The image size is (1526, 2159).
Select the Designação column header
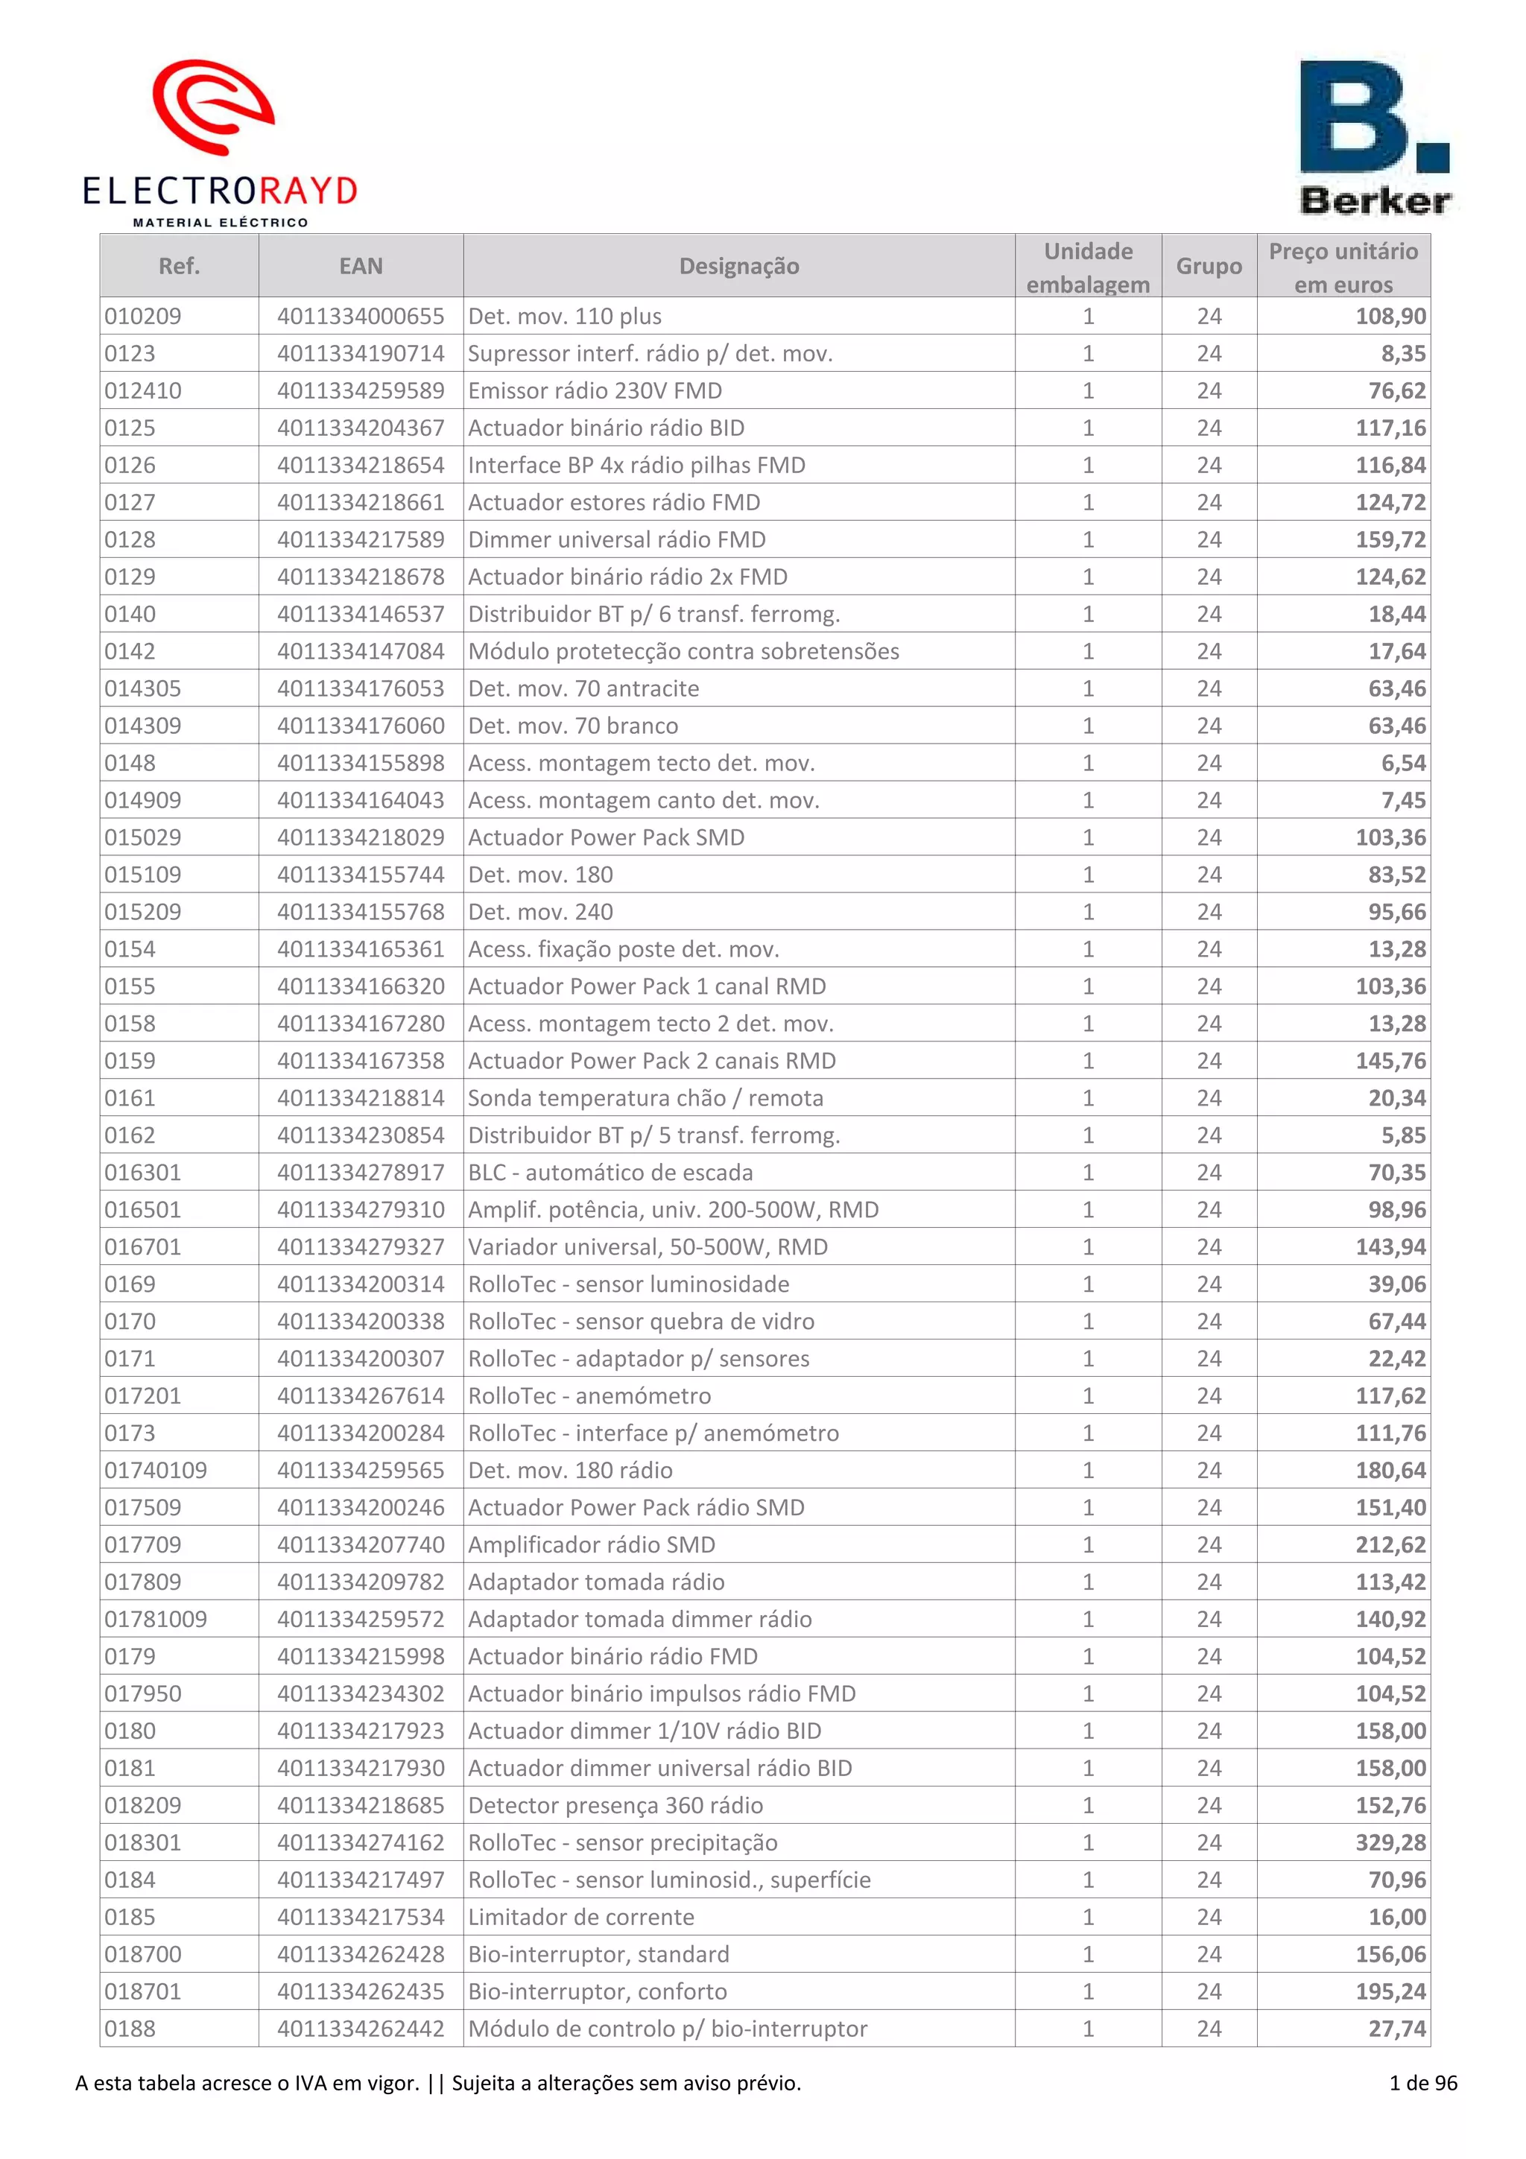pyautogui.click(x=739, y=266)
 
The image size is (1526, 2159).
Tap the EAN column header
pyautogui.click(x=361, y=266)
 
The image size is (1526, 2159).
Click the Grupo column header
pyautogui.click(x=1209, y=266)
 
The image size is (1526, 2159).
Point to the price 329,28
pyautogui.click(x=1390, y=1842)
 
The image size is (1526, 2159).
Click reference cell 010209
pyautogui.click(x=143, y=316)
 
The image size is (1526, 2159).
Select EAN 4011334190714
pyautogui.click(x=361, y=354)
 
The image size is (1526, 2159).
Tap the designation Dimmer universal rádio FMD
pyautogui.click(x=617, y=539)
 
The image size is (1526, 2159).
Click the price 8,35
pyautogui.click(x=1404, y=354)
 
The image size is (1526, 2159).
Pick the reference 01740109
pyautogui.click(x=156, y=1470)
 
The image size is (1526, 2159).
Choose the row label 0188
pyautogui.click(x=130, y=2029)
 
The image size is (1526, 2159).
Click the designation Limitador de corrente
pyautogui.click(x=581, y=1916)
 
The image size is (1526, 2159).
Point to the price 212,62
pyautogui.click(x=1390, y=1544)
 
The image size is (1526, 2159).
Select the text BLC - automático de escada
pyautogui.click(x=610, y=1173)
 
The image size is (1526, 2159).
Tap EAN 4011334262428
pyautogui.click(x=361, y=1954)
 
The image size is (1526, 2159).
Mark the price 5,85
pyautogui.click(x=1404, y=1135)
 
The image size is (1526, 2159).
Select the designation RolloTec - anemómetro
pyautogui.click(x=589, y=1395)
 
